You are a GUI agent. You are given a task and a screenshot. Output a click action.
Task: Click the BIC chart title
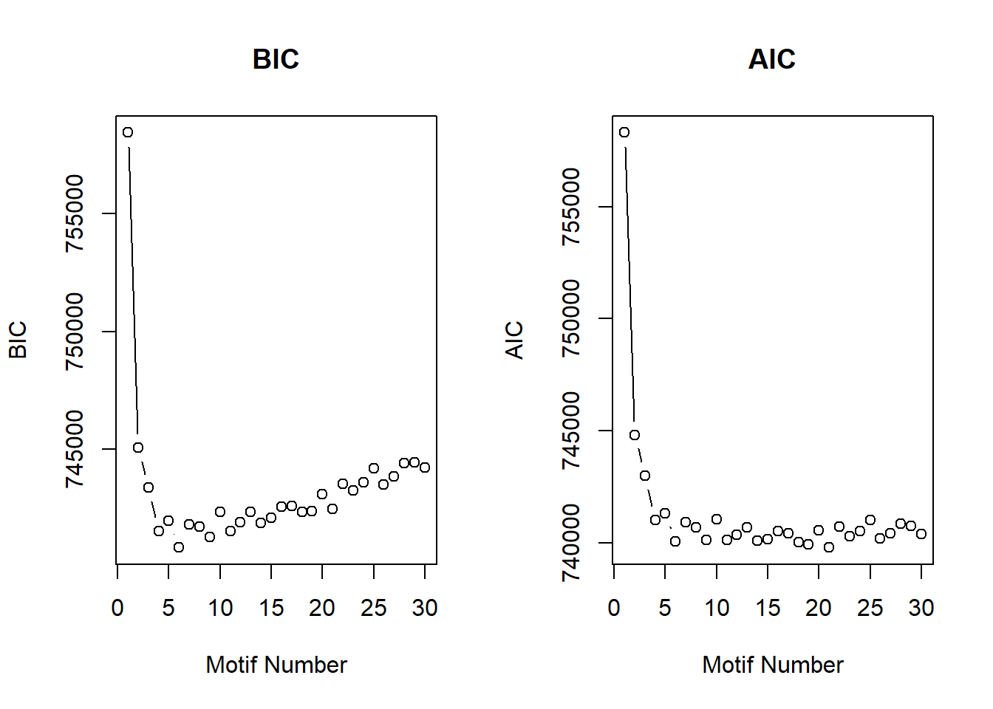(276, 59)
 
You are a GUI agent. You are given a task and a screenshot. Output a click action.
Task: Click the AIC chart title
(771, 59)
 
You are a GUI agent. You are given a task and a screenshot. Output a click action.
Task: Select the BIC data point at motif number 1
(128, 132)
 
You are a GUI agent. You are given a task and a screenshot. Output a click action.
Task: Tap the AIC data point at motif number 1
(624, 132)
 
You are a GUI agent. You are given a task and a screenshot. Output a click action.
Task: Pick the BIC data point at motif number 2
(138, 448)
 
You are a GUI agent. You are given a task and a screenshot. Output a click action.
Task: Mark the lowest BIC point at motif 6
(179, 547)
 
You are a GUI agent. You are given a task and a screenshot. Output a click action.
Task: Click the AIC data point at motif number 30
(921, 534)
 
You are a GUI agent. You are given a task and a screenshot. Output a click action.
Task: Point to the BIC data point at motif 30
(425, 467)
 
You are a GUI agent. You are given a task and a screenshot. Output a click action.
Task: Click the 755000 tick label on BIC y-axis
(75, 213)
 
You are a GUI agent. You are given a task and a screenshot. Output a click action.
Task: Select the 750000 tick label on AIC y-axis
(571, 318)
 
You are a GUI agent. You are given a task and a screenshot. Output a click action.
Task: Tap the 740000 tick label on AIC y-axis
(571, 543)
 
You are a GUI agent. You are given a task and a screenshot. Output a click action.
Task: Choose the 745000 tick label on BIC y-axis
(75, 449)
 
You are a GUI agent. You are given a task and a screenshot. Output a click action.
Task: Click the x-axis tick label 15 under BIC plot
(271, 609)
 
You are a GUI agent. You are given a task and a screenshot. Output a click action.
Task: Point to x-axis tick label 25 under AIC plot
(870, 609)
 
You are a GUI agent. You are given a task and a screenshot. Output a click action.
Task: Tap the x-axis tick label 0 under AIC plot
(614, 609)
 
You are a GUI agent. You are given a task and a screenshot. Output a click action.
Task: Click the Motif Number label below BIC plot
(276, 665)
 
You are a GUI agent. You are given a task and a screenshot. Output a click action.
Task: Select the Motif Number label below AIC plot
(772, 665)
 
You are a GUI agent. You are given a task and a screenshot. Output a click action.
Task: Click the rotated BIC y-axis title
(18, 340)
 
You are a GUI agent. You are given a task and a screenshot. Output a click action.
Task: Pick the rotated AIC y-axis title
(514, 340)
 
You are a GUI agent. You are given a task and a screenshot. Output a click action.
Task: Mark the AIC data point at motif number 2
(635, 435)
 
